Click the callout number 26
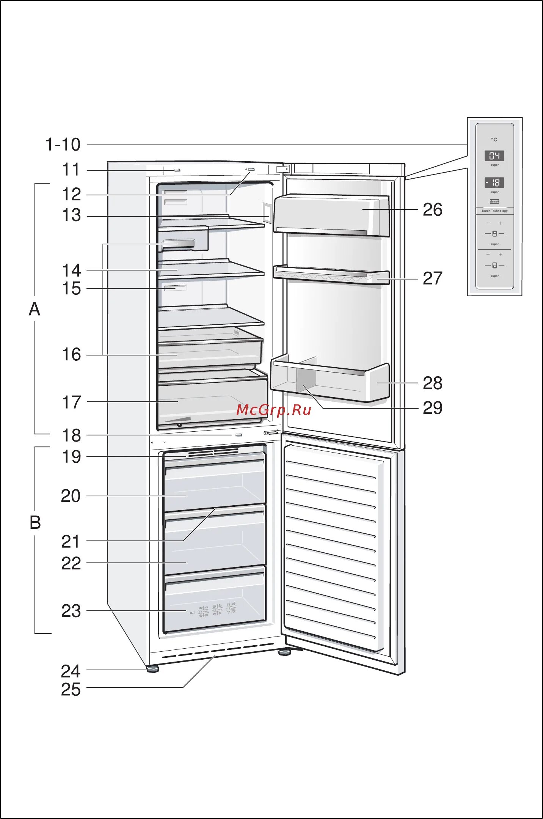tap(432, 210)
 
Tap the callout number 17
tap(71, 402)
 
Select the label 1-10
tap(63, 145)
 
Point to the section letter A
tap(35, 309)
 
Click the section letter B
tap(35, 523)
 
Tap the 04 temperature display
tap(494, 156)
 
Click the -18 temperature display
tap(494, 183)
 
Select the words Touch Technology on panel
tap(494, 211)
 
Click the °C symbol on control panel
tap(494, 140)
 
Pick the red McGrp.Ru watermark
tap(273, 410)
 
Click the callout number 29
tap(432, 408)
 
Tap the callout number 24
tap(71, 671)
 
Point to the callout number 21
tap(71, 542)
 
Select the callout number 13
tap(71, 215)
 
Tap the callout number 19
tap(71, 457)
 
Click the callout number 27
tap(432, 278)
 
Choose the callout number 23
tap(71, 611)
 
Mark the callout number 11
tap(71, 170)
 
